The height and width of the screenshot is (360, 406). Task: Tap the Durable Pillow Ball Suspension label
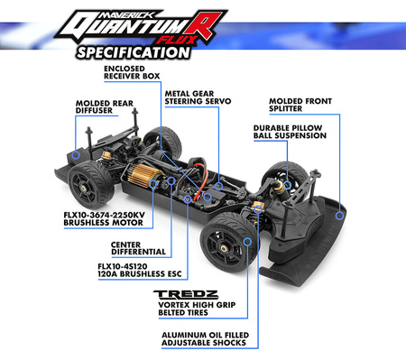coord(292,134)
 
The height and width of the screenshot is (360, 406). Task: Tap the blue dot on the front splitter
coord(340,215)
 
